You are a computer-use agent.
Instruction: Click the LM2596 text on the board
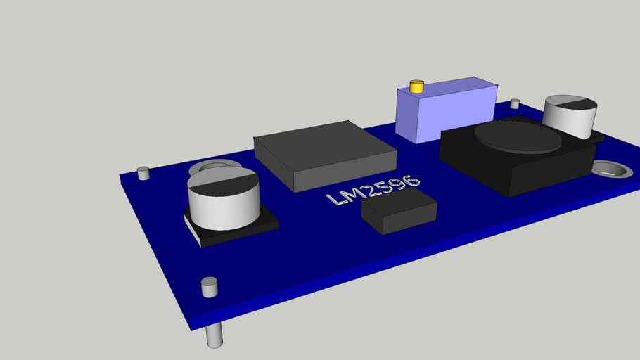coord(373,190)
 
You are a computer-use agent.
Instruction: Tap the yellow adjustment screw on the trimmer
coord(416,87)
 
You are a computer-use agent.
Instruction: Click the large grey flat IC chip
coord(324,153)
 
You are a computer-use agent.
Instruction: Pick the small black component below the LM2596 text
coord(399,213)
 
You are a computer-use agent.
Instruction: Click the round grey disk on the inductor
coord(518,137)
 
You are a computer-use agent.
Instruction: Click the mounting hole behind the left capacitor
coord(209,167)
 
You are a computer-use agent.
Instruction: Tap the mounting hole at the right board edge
coord(609,169)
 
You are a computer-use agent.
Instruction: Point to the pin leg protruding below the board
coord(215,335)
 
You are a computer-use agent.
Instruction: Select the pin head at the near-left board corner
coord(209,286)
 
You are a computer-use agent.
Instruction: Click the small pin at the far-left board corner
coord(143,173)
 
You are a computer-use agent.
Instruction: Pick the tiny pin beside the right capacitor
coord(515,104)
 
